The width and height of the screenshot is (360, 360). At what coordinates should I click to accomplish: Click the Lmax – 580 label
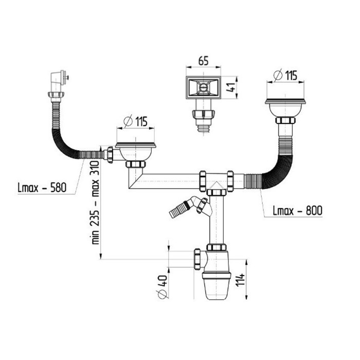tap(42, 188)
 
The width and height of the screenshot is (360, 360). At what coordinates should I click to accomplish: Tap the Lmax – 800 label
tap(298, 210)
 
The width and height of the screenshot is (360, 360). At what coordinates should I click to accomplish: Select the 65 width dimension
tap(204, 61)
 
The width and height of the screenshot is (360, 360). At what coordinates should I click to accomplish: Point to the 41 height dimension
tap(231, 87)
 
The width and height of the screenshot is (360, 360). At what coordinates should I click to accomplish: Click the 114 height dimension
tap(240, 280)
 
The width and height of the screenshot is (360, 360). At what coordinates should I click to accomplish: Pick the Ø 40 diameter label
tap(162, 287)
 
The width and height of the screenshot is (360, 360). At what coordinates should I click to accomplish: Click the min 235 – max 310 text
tap(96, 203)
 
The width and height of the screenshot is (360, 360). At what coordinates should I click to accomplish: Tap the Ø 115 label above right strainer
tap(285, 75)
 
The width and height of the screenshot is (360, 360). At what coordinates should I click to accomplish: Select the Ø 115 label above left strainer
tap(135, 121)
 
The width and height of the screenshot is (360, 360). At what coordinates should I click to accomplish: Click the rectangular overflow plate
tap(204, 87)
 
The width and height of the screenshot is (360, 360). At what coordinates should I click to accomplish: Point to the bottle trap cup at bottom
tap(217, 285)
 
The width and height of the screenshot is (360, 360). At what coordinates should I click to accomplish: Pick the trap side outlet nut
tap(197, 259)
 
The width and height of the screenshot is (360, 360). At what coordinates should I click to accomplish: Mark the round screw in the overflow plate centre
tap(203, 87)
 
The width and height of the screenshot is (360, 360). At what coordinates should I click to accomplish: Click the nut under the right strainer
tap(285, 120)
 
